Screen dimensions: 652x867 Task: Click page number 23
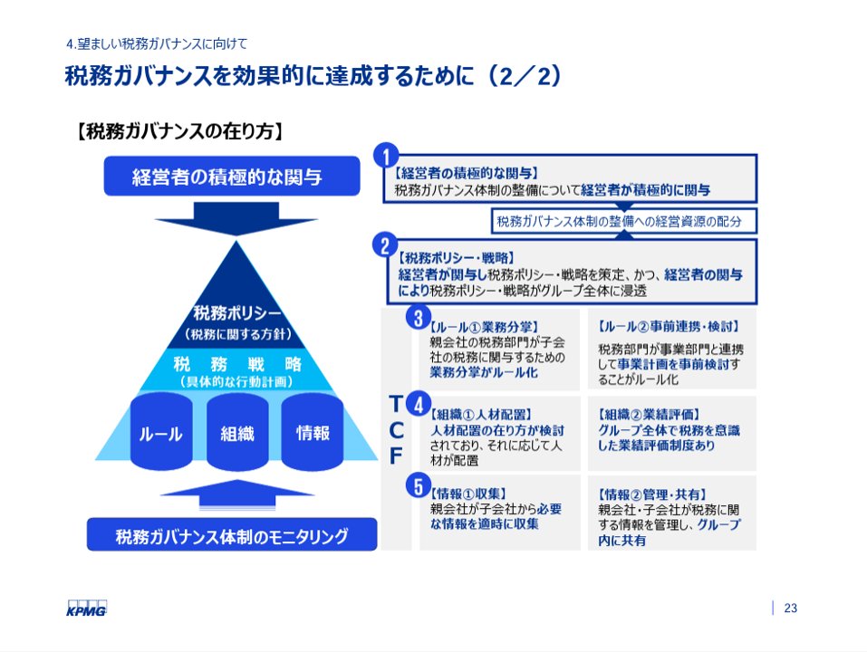(x=790, y=608)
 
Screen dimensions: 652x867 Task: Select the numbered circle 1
(x=387, y=155)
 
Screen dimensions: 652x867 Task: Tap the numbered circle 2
(x=386, y=244)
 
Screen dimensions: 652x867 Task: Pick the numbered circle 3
(x=419, y=317)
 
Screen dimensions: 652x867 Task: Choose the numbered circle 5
(x=419, y=486)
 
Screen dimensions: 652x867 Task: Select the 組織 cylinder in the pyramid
(x=237, y=434)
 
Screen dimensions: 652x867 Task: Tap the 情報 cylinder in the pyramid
(x=313, y=433)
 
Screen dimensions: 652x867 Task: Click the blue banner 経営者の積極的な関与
(x=226, y=177)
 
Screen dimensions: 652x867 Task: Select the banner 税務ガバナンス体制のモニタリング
(x=232, y=535)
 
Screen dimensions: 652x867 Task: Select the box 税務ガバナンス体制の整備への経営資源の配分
(x=625, y=220)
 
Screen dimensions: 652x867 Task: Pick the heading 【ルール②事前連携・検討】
(x=670, y=325)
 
